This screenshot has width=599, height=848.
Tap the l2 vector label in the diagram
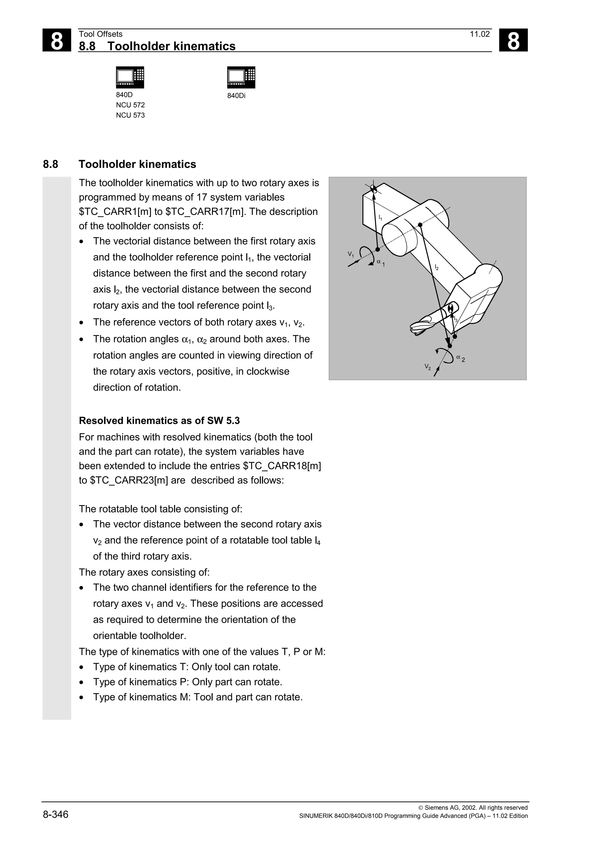click(437, 267)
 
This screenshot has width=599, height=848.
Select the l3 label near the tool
click(456, 320)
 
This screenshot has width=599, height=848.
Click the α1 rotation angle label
click(381, 262)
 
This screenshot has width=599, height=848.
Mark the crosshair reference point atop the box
click(373, 189)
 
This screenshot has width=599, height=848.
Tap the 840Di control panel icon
click(241, 77)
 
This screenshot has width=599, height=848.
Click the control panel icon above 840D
click(130, 77)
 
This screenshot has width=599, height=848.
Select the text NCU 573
click(130, 115)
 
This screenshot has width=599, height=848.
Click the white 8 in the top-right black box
click(513, 40)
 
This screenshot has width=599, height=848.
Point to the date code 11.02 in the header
click(479, 34)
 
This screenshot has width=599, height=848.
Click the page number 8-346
click(56, 814)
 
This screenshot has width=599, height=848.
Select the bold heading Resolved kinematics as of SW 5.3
click(159, 421)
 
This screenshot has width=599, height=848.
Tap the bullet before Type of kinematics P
click(82, 682)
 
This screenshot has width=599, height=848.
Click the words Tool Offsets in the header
click(100, 34)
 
